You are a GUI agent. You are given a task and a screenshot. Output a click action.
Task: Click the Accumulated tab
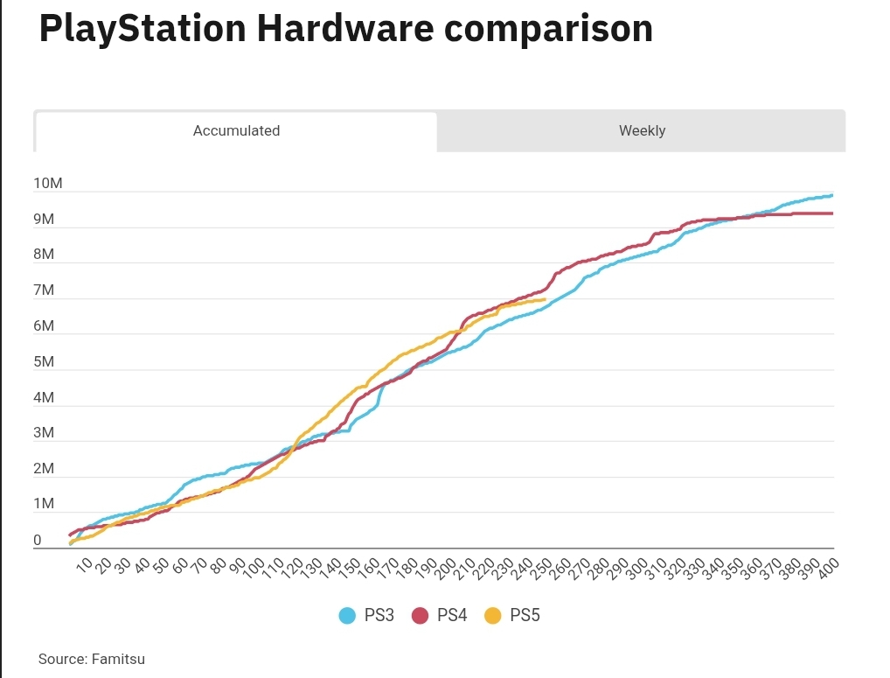pyautogui.click(x=236, y=131)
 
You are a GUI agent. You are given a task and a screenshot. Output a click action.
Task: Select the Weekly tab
pyautogui.click(x=642, y=131)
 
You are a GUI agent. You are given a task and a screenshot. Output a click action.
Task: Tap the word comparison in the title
pyautogui.click(x=548, y=28)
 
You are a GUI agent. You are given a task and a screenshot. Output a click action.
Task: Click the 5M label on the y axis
pyautogui.click(x=45, y=362)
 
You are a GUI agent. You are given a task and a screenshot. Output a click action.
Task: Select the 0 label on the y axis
pyautogui.click(x=38, y=541)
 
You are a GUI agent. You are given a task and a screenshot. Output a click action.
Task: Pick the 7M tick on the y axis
pyautogui.click(x=45, y=290)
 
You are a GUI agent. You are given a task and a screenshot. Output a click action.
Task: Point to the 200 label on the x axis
pyautogui.click(x=447, y=568)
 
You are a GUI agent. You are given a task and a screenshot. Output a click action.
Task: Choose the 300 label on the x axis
pyautogui.click(x=637, y=568)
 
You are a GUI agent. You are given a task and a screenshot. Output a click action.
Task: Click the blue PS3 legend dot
pyautogui.click(x=347, y=616)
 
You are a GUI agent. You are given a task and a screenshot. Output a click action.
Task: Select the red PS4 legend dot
pyautogui.click(x=420, y=616)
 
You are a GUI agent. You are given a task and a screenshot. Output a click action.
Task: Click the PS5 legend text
pyautogui.click(x=525, y=616)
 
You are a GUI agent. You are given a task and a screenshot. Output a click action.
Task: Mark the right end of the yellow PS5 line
pyautogui.click(x=546, y=299)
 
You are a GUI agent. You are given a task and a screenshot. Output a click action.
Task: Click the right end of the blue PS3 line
pyautogui.click(x=832, y=195)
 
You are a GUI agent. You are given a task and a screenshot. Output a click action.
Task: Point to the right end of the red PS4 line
pyautogui.click(x=832, y=213)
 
